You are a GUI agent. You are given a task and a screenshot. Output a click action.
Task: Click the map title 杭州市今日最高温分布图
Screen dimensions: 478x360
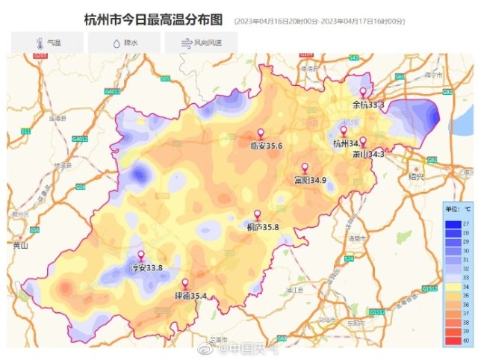153,20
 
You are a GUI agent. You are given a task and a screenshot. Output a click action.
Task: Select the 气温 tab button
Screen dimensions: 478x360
48,43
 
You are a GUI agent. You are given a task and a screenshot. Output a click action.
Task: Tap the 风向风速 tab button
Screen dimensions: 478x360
200,43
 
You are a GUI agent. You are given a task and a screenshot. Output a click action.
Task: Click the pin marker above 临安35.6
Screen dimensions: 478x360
261,134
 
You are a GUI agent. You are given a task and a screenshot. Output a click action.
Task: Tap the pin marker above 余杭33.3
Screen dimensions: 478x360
363,93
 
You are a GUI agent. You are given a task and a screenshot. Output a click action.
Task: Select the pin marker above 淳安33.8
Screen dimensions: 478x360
140,256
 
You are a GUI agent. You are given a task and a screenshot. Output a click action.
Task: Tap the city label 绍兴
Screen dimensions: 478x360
416,176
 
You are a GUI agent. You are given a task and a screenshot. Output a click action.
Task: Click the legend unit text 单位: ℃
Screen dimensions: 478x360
457,209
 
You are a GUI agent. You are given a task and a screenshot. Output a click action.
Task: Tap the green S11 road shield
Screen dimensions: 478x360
26,131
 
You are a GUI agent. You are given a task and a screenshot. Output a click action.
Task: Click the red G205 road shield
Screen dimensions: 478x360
40,56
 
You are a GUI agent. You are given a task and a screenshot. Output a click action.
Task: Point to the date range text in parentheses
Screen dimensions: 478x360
320,22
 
